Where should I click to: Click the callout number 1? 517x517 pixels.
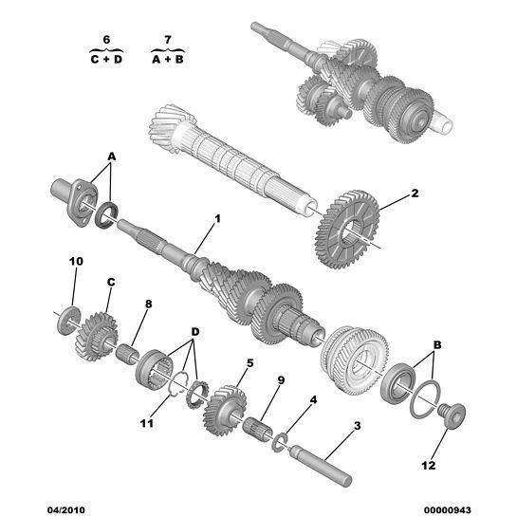pyautogui.click(x=216, y=219)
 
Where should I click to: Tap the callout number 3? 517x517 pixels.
pyautogui.click(x=356, y=426)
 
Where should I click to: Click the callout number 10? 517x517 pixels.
pyautogui.click(x=76, y=260)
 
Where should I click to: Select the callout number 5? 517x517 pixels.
pyautogui.click(x=249, y=362)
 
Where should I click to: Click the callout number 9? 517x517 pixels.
pyautogui.click(x=281, y=380)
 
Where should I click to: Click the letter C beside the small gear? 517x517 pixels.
pyautogui.click(x=110, y=282)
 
